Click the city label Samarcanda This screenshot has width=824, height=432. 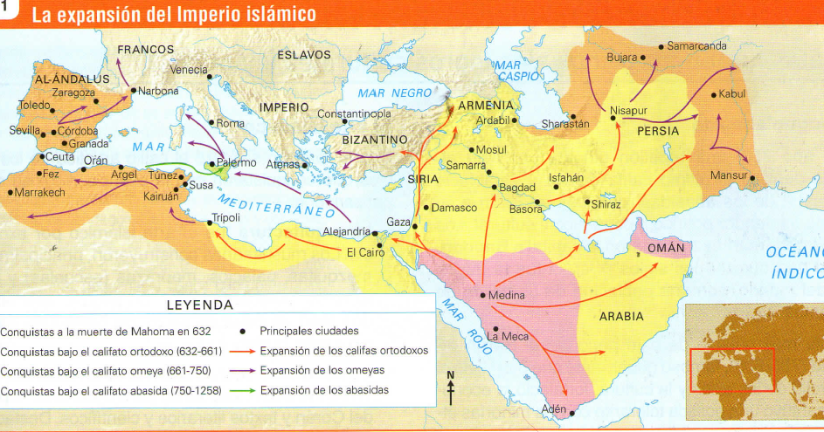[x=696, y=45]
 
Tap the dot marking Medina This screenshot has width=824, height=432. [x=482, y=295]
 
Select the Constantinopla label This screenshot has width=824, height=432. [x=353, y=114]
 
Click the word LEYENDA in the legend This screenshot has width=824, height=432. [x=200, y=305]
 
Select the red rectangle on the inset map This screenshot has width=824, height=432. [x=732, y=370]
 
